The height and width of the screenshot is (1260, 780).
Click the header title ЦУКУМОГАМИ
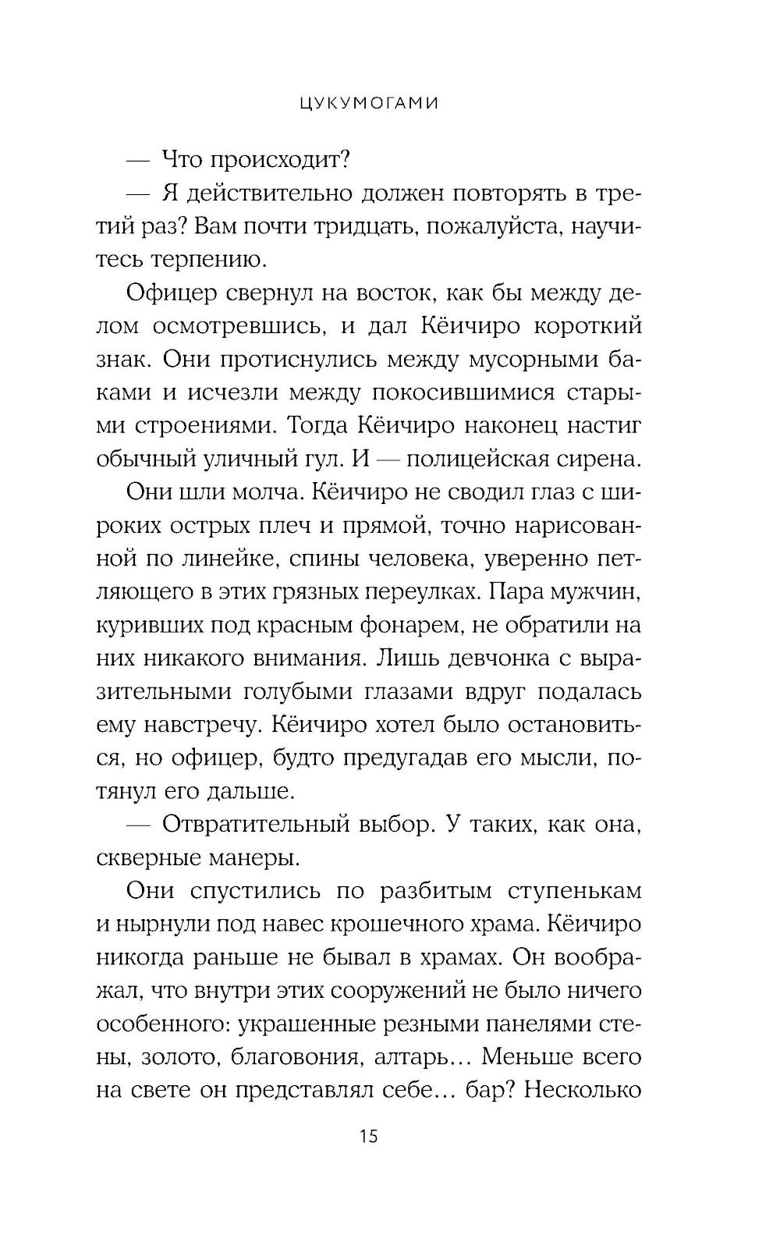pyautogui.click(x=369, y=103)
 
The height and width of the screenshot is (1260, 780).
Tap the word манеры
pyautogui.click(x=251, y=857)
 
